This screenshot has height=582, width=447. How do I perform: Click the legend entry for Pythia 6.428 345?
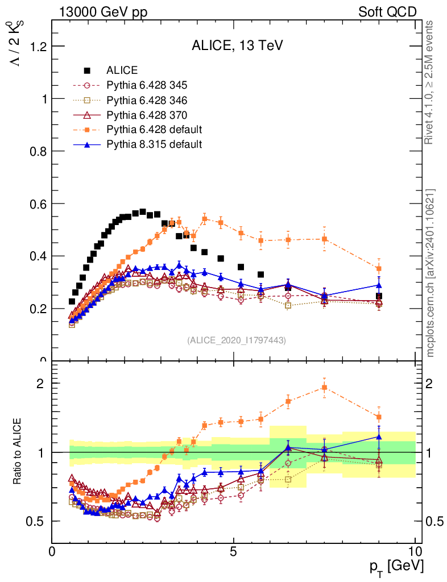coord(147,86)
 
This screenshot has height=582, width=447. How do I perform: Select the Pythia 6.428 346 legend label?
coord(147,101)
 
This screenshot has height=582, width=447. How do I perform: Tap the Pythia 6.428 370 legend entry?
coord(147,115)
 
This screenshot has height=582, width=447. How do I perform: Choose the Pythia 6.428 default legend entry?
coord(154,130)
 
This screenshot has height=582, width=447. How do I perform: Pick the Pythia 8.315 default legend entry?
coord(154,144)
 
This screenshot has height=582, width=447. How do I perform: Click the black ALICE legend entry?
coord(122,71)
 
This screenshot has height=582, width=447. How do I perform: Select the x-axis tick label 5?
coord(234,551)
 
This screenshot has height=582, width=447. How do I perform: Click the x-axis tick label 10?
coord(415,551)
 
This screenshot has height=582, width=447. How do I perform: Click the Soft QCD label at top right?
coord(387,12)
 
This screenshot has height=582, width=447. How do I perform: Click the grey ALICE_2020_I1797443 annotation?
coord(236,340)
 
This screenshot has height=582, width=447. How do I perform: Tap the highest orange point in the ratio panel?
coord(324,388)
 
